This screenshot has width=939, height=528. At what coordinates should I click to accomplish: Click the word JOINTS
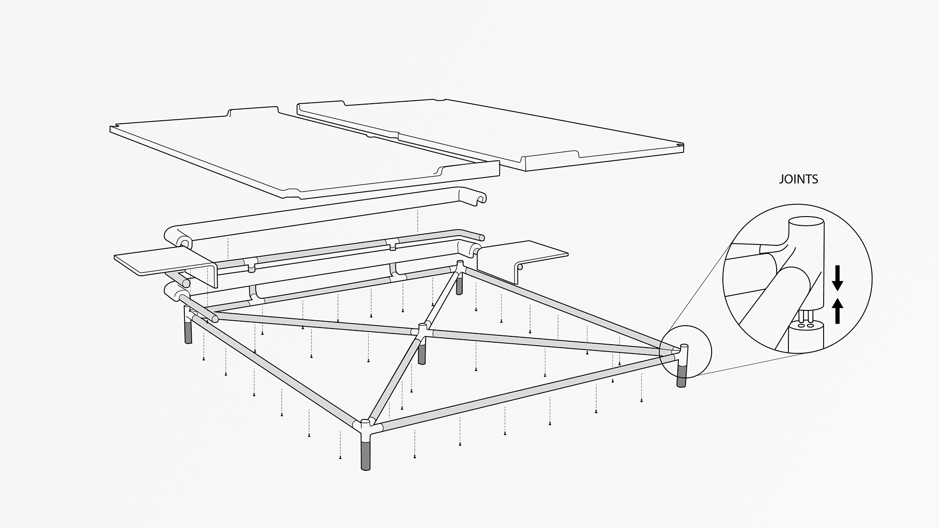(798, 179)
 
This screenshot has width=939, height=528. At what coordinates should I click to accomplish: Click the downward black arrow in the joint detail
(838, 277)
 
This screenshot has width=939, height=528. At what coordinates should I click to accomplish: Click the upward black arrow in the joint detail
(838, 311)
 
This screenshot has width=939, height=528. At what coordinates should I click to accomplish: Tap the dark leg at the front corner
(365, 454)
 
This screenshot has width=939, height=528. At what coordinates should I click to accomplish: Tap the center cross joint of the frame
(423, 330)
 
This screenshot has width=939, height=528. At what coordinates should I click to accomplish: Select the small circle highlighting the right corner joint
(685, 352)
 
